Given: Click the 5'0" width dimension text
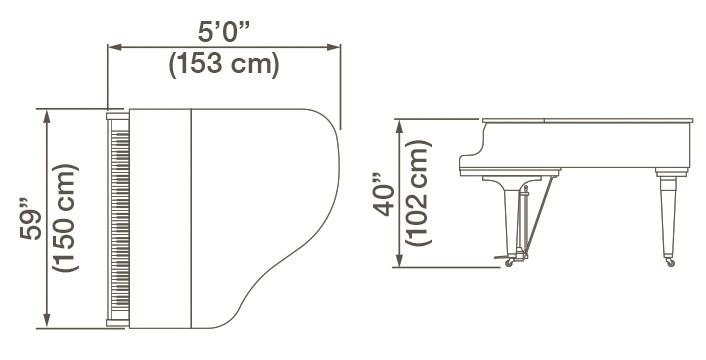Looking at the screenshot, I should [224, 23].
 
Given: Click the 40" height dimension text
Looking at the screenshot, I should [381, 189].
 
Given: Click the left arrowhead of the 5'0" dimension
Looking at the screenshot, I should [111, 45].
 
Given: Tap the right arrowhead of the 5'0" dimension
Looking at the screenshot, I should [337, 45].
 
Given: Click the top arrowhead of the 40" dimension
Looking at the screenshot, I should [400, 122].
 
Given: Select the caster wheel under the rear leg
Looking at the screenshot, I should [670, 262].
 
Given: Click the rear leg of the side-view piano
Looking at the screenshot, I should [667, 215].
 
